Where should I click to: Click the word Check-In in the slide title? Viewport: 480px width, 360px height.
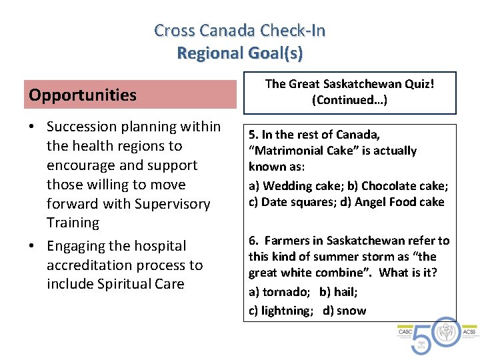tap(293, 31)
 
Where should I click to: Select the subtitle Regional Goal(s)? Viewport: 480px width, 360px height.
tap(239, 53)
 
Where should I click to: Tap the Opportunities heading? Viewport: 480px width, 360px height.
tap(83, 95)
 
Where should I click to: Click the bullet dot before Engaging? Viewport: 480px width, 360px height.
tap(32, 247)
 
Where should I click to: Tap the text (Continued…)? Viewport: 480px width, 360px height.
tap(349, 100)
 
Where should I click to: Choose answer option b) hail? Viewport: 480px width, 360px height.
tap(338, 291)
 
